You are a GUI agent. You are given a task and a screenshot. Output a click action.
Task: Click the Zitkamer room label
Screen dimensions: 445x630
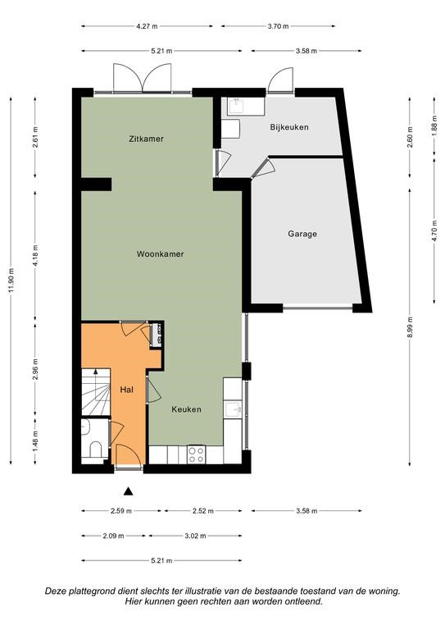pyautogui.click(x=146, y=139)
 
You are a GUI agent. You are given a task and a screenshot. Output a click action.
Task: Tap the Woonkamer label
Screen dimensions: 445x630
pyautogui.click(x=160, y=254)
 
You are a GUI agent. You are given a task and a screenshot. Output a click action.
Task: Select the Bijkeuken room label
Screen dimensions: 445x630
pyautogui.click(x=289, y=127)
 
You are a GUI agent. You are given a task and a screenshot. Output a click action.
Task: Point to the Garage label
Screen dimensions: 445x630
pyautogui.click(x=302, y=234)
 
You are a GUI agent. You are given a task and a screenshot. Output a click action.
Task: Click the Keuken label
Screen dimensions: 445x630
pyautogui.click(x=186, y=409)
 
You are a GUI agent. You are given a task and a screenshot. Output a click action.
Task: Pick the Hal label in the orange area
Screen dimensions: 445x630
pyautogui.click(x=127, y=390)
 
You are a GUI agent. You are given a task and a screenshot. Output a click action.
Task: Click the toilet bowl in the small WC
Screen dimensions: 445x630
pyautogui.click(x=95, y=450)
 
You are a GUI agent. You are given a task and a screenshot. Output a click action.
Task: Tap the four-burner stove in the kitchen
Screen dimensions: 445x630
pyautogui.click(x=197, y=454)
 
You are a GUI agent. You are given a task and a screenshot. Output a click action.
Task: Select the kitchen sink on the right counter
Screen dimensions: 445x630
pyautogui.click(x=233, y=410)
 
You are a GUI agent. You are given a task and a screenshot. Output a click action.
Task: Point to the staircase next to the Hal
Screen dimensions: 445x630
pyautogui.click(x=96, y=392)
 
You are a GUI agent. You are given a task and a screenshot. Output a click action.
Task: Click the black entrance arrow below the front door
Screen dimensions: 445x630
pyautogui.click(x=128, y=491)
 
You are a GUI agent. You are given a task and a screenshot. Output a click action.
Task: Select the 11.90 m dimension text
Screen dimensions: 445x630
pyautogui.click(x=11, y=281)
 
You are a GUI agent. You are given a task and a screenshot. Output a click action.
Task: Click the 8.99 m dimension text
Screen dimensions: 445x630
pyautogui.click(x=410, y=327)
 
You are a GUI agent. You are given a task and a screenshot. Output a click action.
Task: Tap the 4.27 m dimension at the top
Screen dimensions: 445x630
pyautogui.click(x=147, y=26)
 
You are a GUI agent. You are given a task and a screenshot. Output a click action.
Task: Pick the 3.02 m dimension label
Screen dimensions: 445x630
pyautogui.click(x=195, y=536)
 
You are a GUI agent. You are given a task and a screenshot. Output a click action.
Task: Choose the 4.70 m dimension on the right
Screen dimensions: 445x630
pyautogui.click(x=434, y=231)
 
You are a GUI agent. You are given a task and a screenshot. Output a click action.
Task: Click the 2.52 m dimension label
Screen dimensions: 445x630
pyautogui.click(x=202, y=511)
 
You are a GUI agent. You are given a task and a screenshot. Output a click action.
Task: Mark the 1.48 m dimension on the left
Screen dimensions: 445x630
pyautogui.click(x=36, y=441)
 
